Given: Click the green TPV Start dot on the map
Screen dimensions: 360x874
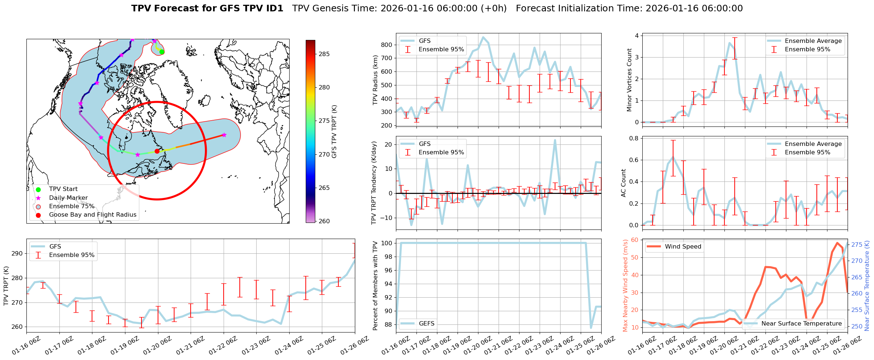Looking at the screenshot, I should pyautogui.click(x=162, y=52).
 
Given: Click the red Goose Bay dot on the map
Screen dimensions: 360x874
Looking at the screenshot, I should pyautogui.click(x=157, y=151).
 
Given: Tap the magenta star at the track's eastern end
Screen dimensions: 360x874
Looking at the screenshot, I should pyautogui.click(x=224, y=135).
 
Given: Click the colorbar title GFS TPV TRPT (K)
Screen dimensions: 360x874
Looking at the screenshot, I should pyautogui.click(x=334, y=132).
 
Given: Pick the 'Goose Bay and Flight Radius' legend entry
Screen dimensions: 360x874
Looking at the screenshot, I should pyautogui.click(x=92, y=215).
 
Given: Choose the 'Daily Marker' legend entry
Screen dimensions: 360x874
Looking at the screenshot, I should pyautogui.click(x=68, y=198).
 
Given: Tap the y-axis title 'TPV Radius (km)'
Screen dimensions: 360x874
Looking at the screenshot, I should pyautogui.click(x=375, y=80).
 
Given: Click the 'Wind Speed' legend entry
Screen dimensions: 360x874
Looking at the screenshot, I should pyautogui.click(x=683, y=247).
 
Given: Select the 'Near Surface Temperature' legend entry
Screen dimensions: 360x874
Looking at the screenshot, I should pyautogui.click(x=801, y=323).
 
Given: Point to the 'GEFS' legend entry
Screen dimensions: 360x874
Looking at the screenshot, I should pyautogui.click(x=426, y=323).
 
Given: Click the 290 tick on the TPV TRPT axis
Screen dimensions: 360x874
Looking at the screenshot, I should pyautogui.click(x=17, y=253).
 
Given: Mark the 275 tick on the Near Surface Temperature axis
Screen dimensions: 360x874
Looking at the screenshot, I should pyautogui.click(x=856, y=245).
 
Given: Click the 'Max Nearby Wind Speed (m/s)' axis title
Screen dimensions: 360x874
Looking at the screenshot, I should pyautogui.click(x=625, y=286).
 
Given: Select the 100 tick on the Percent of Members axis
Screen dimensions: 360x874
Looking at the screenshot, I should pyautogui.click(x=387, y=243).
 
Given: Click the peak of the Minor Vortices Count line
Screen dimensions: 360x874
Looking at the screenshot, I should pyautogui.click(x=730, y=43).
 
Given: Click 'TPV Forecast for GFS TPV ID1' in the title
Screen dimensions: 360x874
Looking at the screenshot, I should pyautogui.click(x=207, y=8).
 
